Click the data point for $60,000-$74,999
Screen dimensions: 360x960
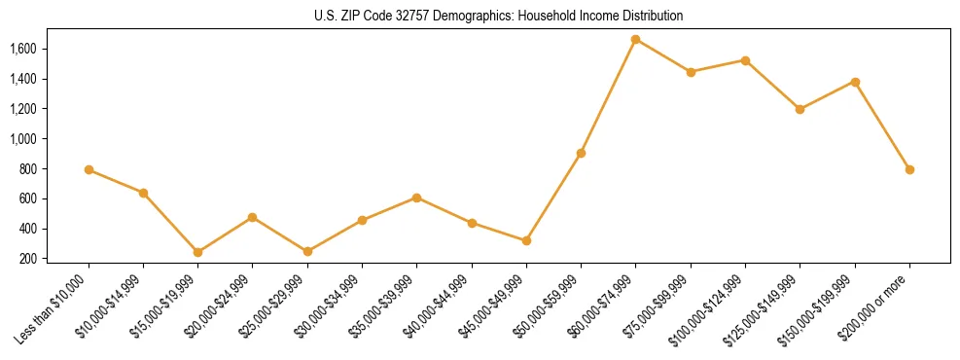[635, 39]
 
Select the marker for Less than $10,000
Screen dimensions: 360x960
[89, 169]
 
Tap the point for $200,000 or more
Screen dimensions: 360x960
[909, 169]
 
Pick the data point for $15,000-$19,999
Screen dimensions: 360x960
[197, 252]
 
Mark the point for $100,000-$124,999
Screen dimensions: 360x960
[745, 60]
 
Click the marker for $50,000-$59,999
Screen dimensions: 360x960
[581, 153]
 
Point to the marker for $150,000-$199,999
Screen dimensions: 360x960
[855, 82]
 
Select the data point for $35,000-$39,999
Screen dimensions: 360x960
[416, 198]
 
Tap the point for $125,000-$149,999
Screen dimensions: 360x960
[800, 109]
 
